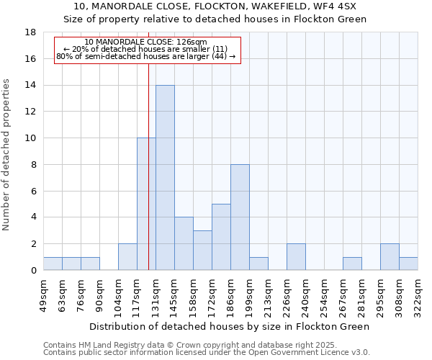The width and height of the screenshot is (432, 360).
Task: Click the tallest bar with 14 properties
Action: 165,177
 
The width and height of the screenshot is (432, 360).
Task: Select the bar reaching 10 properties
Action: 146,204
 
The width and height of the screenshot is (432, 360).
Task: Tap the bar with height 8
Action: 240,217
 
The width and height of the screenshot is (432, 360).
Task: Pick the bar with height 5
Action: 221,237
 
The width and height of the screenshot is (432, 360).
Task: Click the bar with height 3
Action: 202,250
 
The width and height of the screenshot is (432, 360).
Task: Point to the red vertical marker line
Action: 148,180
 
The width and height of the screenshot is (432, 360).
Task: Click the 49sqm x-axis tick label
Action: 44,293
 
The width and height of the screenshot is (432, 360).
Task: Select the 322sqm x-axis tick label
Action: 418,293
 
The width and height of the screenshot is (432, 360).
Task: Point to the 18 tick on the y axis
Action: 30,32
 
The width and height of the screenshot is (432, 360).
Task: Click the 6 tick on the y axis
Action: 33,191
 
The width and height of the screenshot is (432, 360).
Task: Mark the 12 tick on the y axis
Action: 30,112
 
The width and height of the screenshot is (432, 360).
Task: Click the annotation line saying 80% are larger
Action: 145,56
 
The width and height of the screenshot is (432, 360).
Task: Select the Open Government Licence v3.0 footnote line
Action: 206,353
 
